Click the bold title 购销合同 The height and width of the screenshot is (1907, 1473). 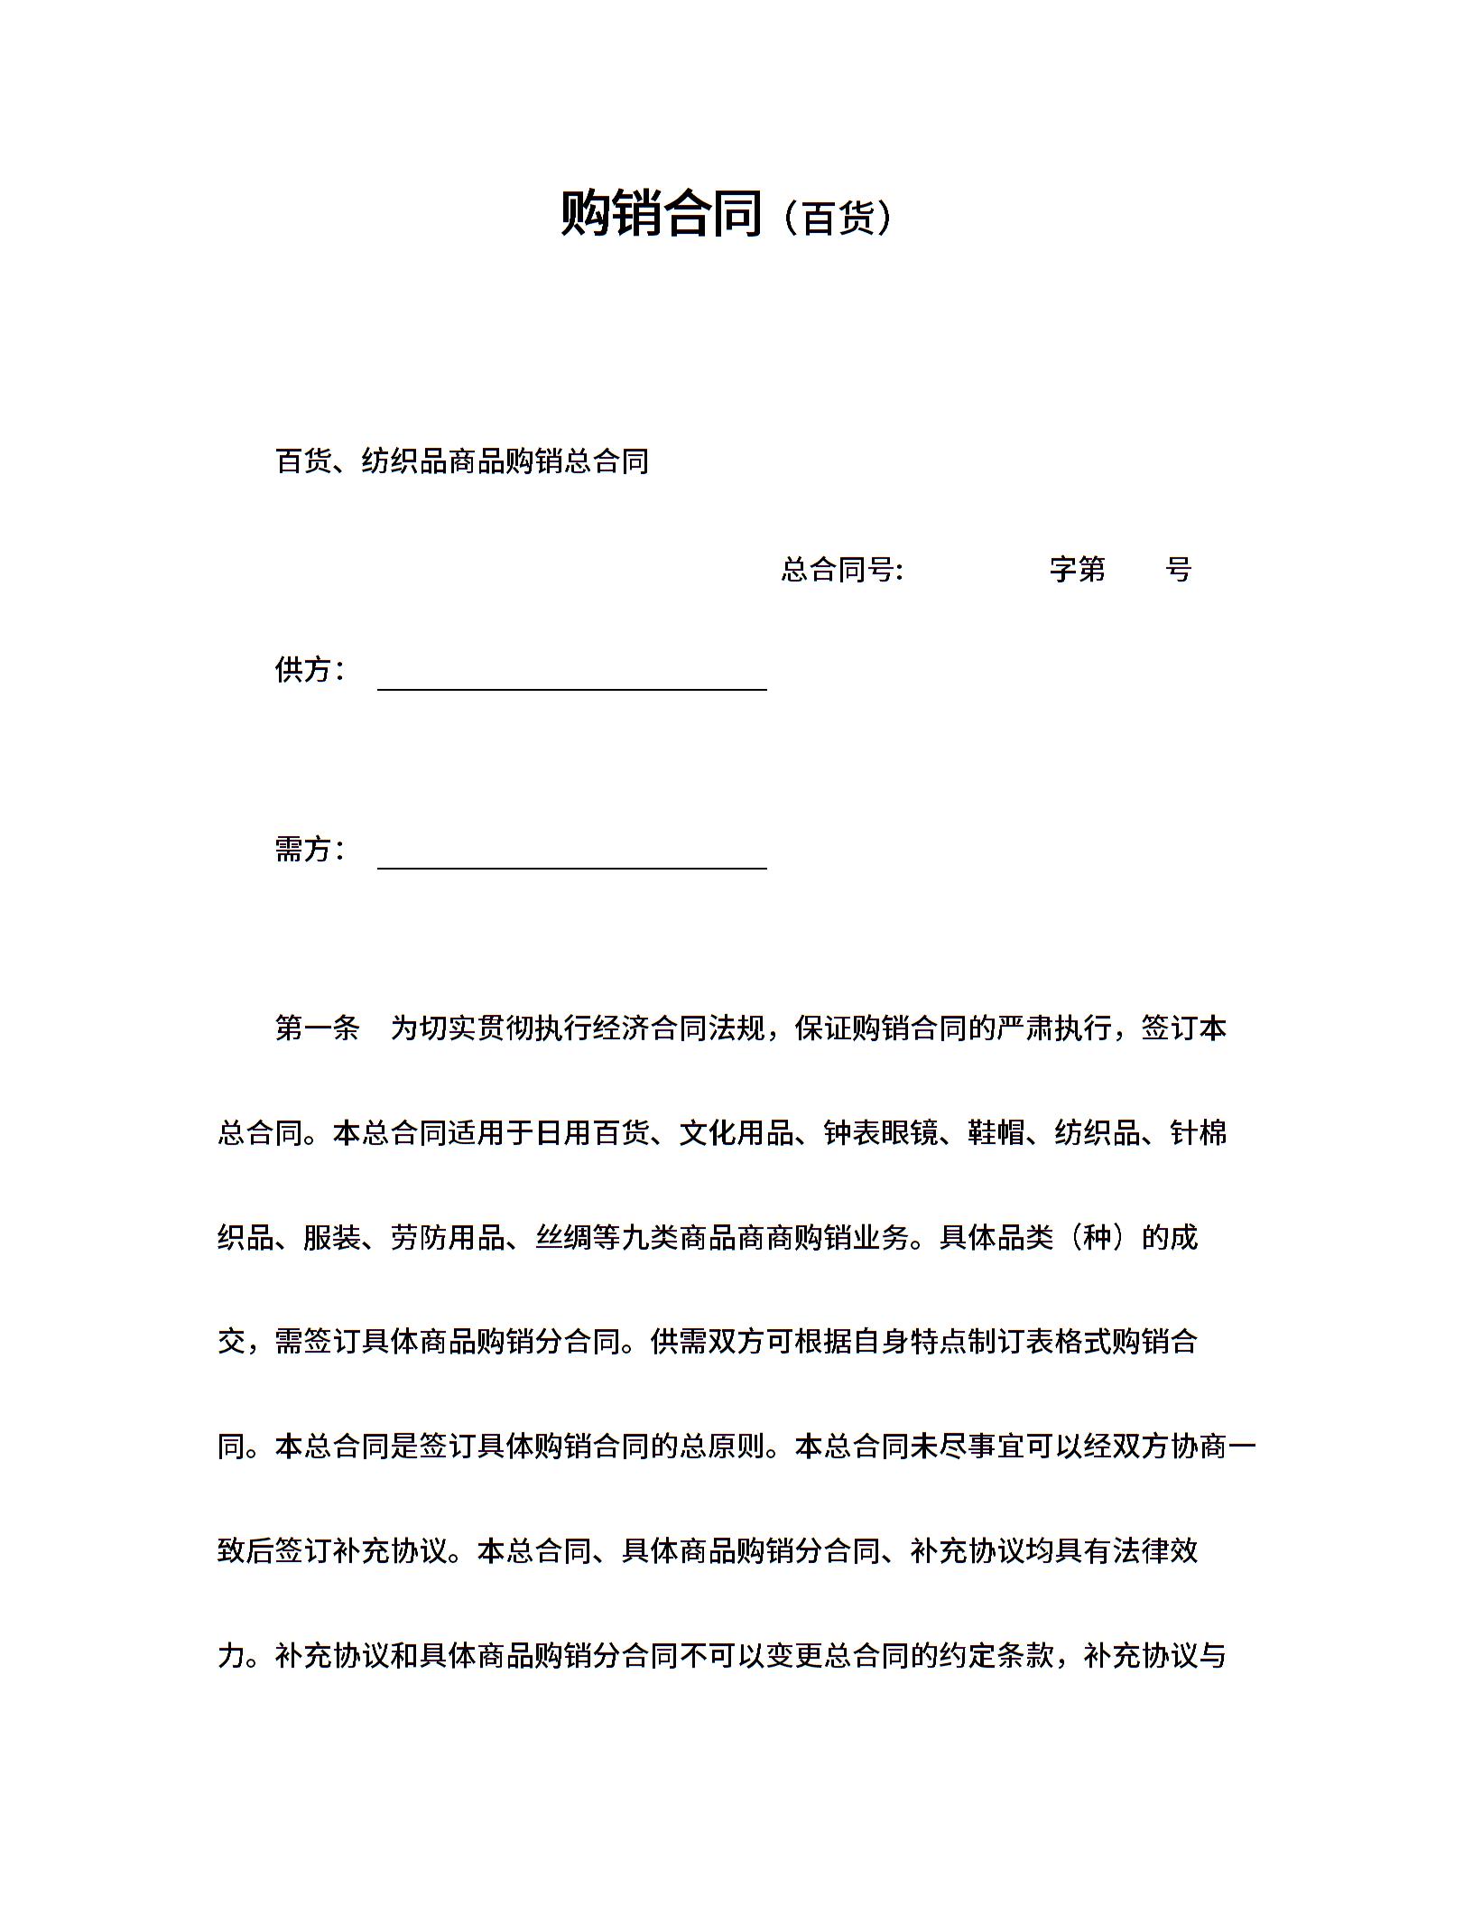(662, 214)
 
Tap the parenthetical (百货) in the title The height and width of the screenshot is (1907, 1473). (838, 218)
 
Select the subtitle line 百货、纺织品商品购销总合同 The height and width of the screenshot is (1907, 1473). (462, 461)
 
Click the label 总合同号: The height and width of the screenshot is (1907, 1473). (842, 570)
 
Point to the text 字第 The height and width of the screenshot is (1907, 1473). (1078, 570)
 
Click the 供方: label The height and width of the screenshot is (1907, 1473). (310, 670)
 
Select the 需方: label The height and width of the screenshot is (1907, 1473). (310, 849)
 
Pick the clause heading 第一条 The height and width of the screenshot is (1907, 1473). (317, 1028)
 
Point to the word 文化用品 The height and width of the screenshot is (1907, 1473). (736, 1132)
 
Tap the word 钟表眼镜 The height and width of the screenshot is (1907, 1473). (881, 1132)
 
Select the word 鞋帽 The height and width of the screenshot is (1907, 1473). (996, 1132)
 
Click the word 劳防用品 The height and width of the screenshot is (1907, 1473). (448, 1237)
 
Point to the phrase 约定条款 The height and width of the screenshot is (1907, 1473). (996, 1656)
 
